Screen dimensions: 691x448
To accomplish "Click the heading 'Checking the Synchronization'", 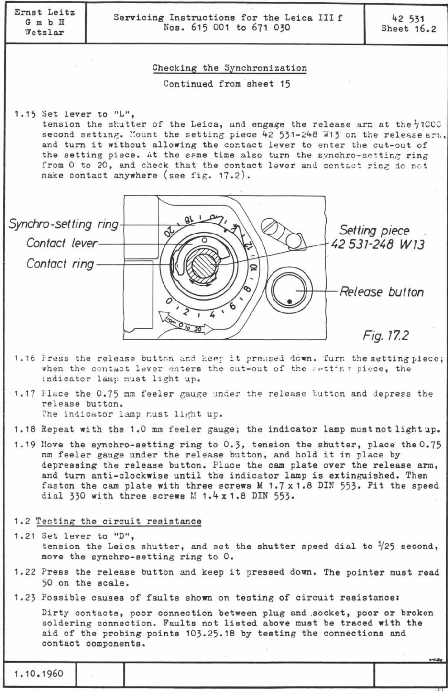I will pos(229,68).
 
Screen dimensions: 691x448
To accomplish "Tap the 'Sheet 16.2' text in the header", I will pos(409,29).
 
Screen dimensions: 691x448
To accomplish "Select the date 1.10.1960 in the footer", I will pos(39,673).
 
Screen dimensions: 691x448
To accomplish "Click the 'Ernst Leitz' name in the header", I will pos(44,12).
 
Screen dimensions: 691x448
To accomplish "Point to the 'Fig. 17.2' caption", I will pos(386,336).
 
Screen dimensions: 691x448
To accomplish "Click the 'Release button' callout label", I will pos(381,292).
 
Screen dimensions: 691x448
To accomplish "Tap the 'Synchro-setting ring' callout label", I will pos(63,224).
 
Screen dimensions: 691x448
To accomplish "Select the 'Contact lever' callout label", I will pos(62,243).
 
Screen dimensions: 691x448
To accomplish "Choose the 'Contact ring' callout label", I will pos(60,264).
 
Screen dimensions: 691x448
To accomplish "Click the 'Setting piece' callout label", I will pos(375,230).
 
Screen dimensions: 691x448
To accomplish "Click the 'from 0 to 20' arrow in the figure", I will pos(186,323).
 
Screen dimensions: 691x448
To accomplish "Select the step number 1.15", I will pos(25,114).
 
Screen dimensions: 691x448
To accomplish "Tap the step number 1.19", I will pos(25,445).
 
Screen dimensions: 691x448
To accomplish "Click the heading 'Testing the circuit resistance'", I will pos(118,521).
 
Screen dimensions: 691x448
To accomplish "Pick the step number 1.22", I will pos(25,572).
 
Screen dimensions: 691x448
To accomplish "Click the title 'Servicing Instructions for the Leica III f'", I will pos(228,18).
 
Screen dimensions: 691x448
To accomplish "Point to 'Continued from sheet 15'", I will pos(227,84).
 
